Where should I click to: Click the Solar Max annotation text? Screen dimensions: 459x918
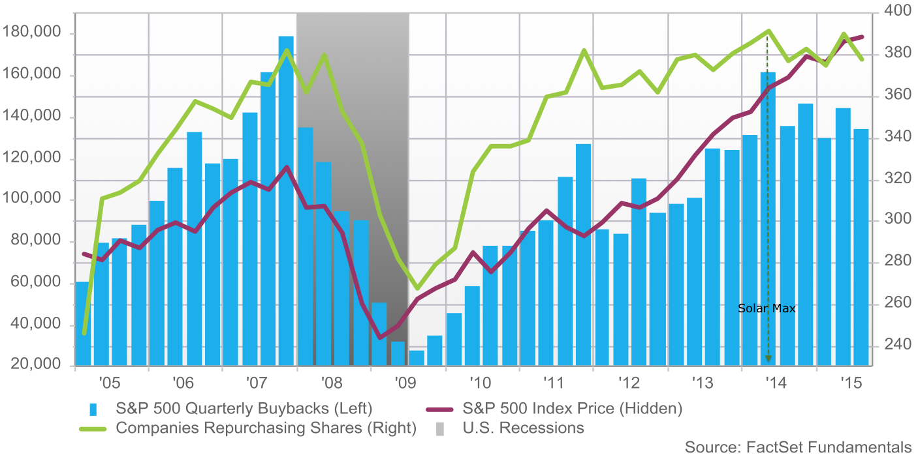(767, 308)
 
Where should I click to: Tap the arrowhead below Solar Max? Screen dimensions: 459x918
(768, 358)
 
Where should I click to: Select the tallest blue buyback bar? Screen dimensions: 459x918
(286, 196)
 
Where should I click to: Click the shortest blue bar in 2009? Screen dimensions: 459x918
(417, 358)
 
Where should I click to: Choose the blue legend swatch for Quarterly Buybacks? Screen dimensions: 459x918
(93, 409)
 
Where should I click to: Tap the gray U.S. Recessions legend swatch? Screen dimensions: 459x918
(440, 428)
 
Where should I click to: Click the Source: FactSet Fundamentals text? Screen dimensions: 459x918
(798, 447)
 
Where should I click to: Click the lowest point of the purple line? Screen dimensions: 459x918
(381, 337)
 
